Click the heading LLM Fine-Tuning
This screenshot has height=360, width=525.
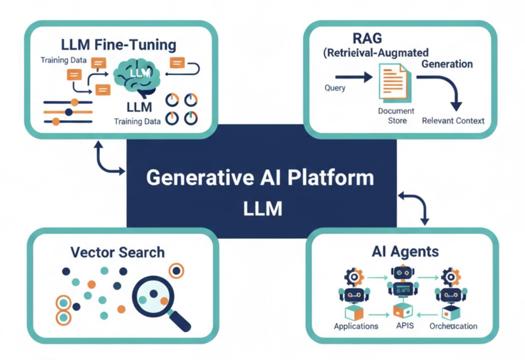[119, 45]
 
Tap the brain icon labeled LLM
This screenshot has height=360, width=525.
[137, 75]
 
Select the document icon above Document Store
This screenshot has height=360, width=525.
[394, 82]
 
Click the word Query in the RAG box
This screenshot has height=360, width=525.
[335, 88]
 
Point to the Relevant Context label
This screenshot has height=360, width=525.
[453, 121]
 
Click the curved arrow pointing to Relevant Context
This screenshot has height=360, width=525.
[444, 87]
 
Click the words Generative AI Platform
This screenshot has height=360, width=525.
[260, 178]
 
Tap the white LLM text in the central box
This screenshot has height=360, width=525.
[262, 209]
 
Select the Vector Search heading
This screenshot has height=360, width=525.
[117, 253]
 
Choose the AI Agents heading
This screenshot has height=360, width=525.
[405, 252]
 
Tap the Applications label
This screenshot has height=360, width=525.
[356, 326]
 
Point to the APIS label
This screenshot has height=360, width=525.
[405, 326]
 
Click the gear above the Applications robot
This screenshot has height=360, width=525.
[354, 277]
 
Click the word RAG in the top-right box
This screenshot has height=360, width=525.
[367, 39]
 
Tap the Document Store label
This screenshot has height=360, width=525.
[396, 116]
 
